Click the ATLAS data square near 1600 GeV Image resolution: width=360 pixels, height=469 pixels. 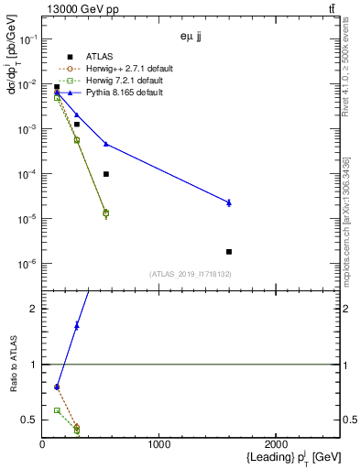click(229, 251)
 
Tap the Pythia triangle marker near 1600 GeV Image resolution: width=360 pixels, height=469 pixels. click(229, 202)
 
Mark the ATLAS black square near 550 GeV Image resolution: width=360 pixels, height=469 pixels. click(106, 174)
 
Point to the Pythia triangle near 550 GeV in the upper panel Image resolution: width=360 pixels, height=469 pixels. click(106, 144)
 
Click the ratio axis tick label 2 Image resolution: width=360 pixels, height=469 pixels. click(33, 309)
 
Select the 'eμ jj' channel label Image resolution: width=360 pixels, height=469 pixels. click(191, 38)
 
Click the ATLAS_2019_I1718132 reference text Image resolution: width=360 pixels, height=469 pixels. click(190, 274)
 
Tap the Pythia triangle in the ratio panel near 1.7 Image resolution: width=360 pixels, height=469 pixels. click(77, 325)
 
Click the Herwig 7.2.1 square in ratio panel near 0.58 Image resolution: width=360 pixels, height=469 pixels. click(57, 410)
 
